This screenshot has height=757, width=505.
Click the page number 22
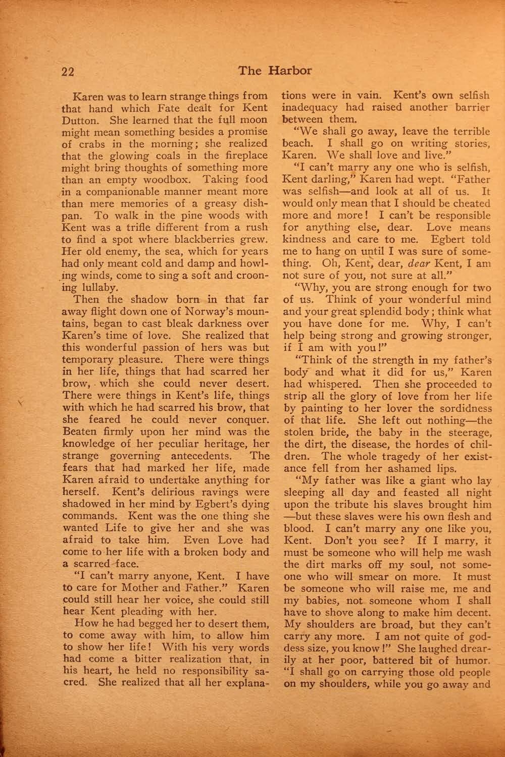coord(68,71)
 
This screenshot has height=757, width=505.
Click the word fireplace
coord(241,155)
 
